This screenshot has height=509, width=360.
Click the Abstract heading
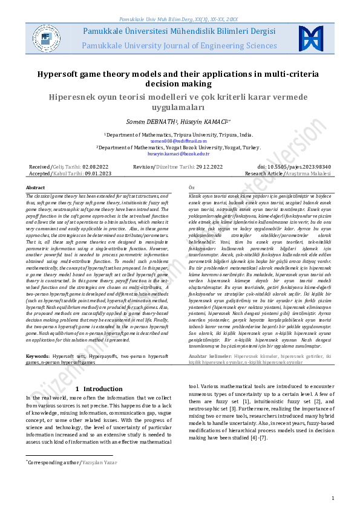click(x=35, y=188)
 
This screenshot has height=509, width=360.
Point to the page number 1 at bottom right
click(x=333, y=498)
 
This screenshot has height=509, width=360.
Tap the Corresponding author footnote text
click(x=55, y=462)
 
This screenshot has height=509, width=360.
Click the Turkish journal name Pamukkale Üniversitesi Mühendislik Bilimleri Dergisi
click(x=179, y=31)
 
